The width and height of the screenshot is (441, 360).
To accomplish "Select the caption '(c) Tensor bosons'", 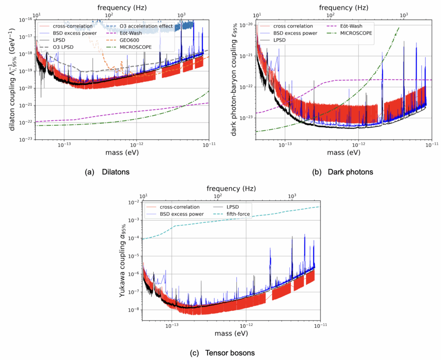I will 222,353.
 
